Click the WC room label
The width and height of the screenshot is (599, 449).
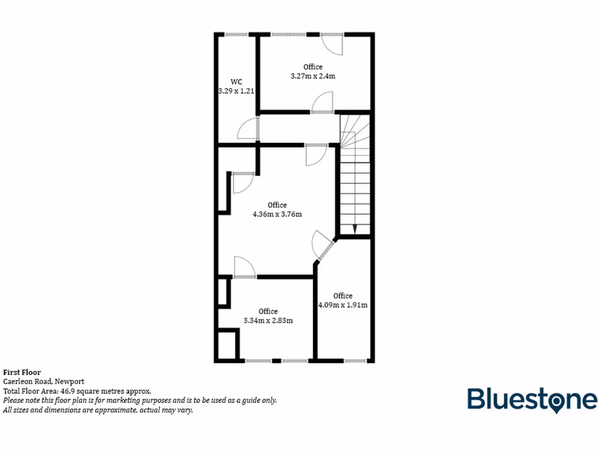coord(236,81)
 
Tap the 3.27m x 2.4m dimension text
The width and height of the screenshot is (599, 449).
coord(312,76)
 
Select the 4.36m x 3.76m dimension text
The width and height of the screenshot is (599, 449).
coord(277,214)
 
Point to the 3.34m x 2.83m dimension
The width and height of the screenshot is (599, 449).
coord(268,320)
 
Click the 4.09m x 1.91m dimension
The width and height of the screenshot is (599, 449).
coord(342,305)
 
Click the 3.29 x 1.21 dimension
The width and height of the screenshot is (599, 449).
coord(236,91)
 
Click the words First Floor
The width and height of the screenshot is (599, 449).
coord(22,372)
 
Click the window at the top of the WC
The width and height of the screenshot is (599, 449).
coord(236,34)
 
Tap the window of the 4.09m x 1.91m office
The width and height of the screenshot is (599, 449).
coord(354,361)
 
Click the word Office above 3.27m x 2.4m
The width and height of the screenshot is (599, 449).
coord(312,67)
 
